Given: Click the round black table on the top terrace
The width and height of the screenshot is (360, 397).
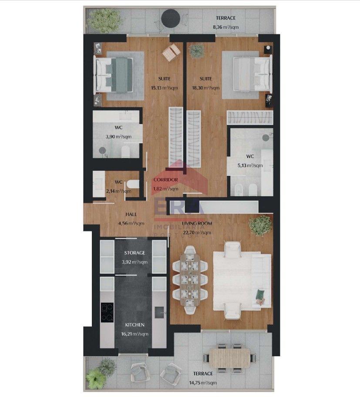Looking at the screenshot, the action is point(171,18).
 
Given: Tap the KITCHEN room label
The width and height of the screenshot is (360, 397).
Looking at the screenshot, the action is point(135,325).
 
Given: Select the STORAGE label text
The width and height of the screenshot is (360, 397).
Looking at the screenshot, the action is point(135,253).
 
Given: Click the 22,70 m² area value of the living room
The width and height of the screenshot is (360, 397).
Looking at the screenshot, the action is point(197,233).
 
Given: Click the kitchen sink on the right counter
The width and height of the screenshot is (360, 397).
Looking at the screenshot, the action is point(159,313).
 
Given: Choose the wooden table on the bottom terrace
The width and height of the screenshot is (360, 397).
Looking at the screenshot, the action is point(229,358).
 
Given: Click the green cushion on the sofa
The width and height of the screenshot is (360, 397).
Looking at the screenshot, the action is point(260,294).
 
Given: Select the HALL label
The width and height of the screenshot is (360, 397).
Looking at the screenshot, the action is point(131,215).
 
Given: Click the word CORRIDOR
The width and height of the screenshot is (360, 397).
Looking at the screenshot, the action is point(166,180).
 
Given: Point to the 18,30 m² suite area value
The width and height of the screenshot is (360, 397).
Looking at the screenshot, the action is point(205,88).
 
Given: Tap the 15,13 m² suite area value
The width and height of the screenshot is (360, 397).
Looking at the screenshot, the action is point(164,88).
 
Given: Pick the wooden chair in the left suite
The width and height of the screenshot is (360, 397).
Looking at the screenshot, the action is point(172,53).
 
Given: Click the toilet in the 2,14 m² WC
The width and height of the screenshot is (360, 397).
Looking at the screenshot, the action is point(133,184).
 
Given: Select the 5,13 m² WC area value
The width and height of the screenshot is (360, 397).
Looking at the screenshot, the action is point(250,165).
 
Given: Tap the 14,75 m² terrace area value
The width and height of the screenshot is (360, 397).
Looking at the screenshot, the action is point(203,383).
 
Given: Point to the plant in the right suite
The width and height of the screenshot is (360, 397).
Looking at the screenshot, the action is point(197,51).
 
